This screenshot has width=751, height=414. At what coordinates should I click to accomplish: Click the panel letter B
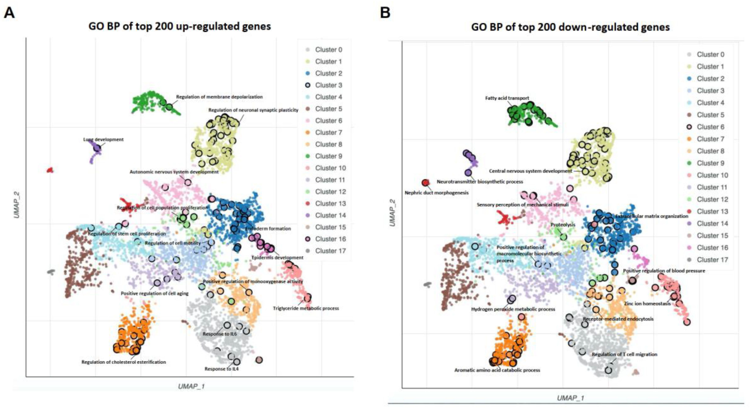pos(385,13)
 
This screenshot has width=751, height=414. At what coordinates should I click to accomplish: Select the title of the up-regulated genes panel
pos(180,26)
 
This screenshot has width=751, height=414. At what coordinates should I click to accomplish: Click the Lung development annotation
pos(103,139)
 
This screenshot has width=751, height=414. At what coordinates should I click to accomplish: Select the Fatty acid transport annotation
pos(507,98)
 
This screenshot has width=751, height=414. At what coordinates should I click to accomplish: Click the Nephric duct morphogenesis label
pos(437,193)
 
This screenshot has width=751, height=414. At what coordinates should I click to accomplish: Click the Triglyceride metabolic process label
pos(306,308)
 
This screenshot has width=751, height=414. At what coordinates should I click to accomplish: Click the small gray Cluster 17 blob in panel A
pos(51,272)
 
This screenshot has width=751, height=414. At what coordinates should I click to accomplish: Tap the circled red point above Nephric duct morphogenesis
pos(425,183)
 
